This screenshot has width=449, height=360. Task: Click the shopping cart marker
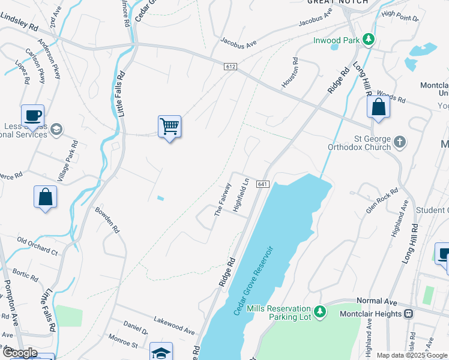point(170,127)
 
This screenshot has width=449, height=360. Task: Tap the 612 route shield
point(231,66)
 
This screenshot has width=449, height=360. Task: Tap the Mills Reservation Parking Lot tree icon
point(321,311)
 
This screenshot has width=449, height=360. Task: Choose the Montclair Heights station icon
point(408,313)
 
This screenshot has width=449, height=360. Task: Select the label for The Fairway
point(222,199)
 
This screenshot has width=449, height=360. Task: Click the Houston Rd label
point(290,72)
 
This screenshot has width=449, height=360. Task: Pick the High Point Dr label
point(399,16)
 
